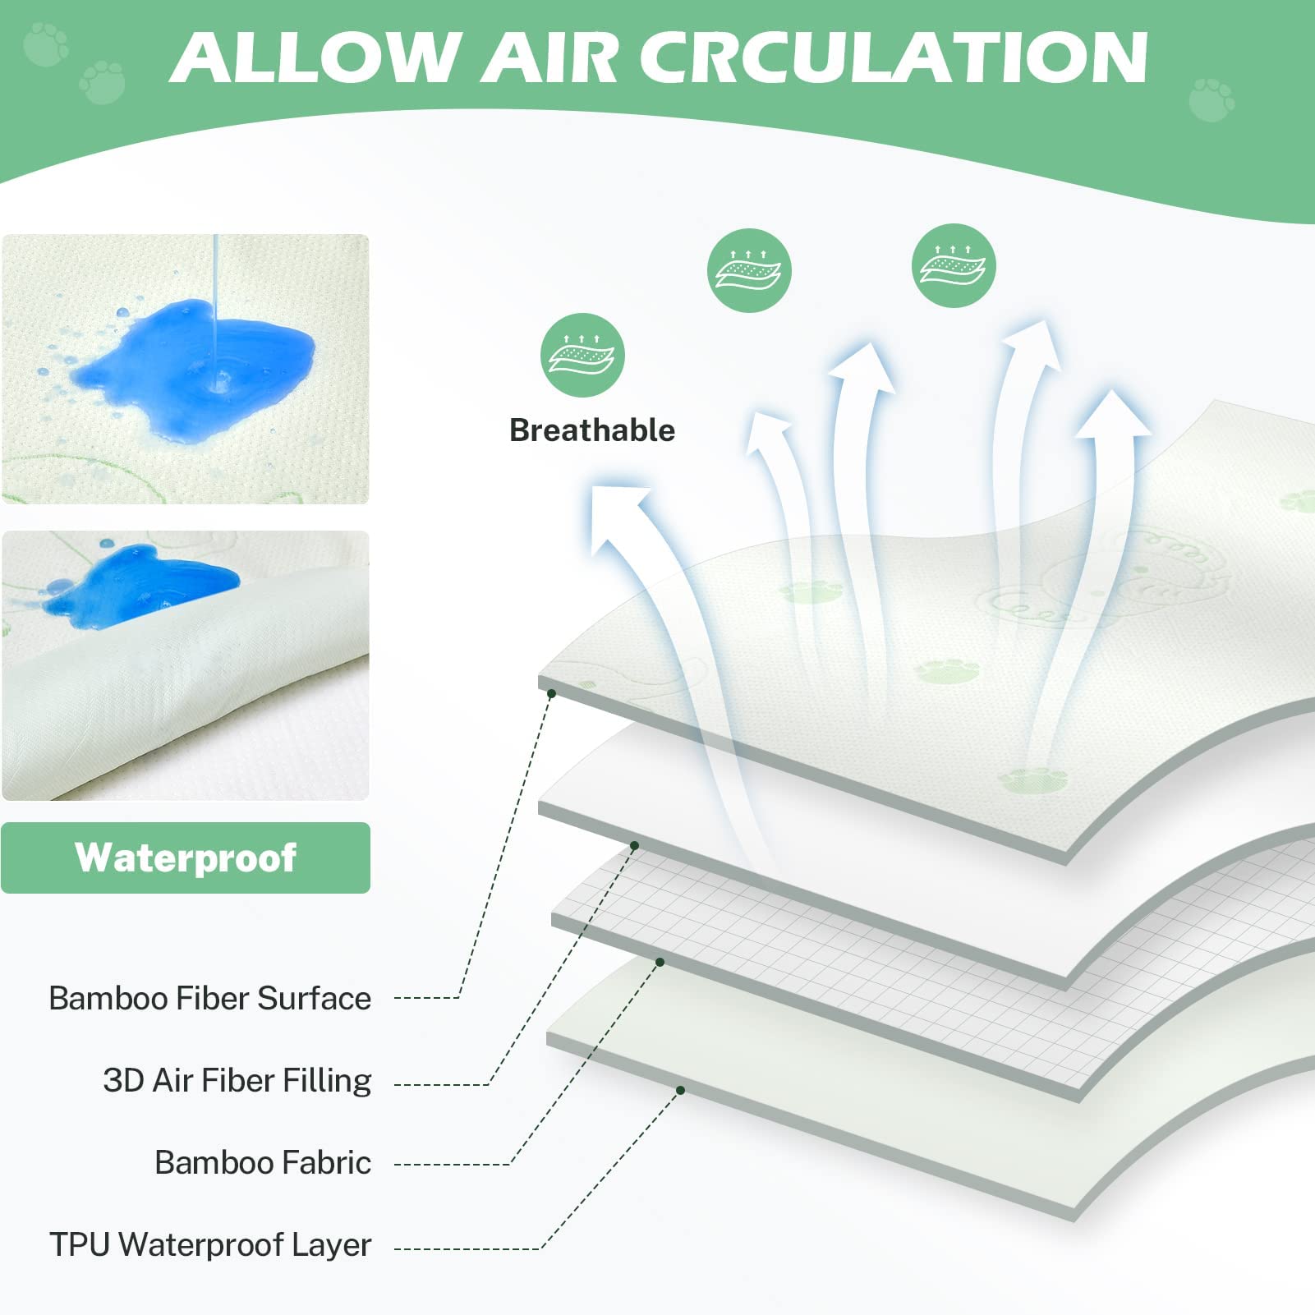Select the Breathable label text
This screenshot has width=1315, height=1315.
tap(592, 430)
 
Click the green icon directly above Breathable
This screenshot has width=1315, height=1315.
tap(582, 355)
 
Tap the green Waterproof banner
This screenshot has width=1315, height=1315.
tap(186, 858)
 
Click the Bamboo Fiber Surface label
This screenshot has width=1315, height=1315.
tap(209, 998)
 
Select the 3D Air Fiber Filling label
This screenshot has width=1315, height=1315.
tap(237, 1080)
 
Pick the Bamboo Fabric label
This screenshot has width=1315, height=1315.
tap(263, 1162)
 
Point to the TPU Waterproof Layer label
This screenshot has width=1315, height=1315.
tap(210, 1244)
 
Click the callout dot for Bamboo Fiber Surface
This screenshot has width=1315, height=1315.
tap(552, 694)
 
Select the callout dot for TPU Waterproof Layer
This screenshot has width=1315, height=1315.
tap(681, 1090)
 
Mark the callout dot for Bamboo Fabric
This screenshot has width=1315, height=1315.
tap(660, 962)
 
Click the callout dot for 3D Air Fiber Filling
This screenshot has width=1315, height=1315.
tap(634, 845)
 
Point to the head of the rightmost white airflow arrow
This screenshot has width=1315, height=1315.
tap(1114, 415)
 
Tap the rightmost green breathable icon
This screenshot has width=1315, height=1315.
tap(954, 265)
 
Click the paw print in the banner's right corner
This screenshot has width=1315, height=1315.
tap(1212, 99)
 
